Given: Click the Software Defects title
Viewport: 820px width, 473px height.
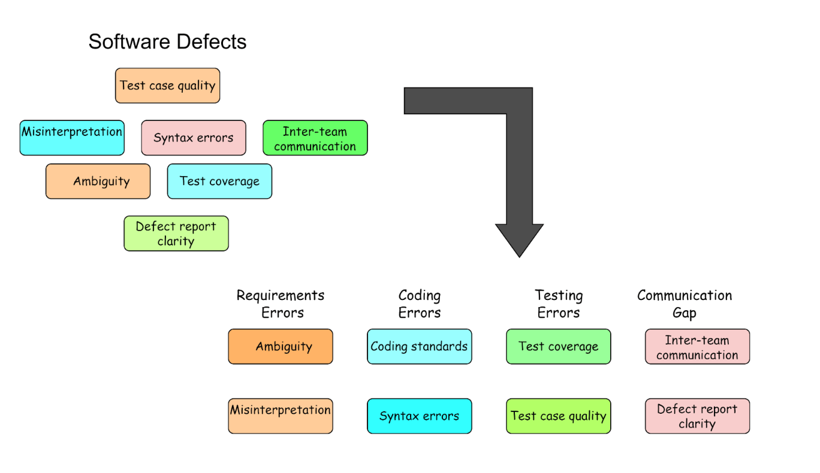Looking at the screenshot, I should [x=167, y=42].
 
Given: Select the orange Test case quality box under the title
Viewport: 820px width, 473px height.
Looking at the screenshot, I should [x=167, y=86].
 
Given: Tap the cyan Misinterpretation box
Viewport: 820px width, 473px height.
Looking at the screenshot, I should [x=72, y=138].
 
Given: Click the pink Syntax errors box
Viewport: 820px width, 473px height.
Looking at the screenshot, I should [x=194, y=138].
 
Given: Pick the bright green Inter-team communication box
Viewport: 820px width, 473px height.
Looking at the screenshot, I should [x=315, y=138].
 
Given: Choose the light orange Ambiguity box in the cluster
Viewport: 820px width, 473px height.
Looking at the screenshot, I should [x=98, y=181].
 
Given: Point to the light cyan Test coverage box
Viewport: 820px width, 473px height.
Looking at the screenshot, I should [x=219, y=181].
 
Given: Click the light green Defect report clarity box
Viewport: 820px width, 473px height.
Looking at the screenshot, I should [x=176, y=234].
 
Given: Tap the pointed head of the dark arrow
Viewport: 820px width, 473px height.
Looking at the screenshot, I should [x=519, y=239].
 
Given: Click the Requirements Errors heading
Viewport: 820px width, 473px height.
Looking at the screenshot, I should [x=281, y=304].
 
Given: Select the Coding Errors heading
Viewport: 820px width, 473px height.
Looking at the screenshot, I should [x=420, y=304].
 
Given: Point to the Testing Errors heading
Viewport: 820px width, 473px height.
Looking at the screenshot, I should [x=559, y=304].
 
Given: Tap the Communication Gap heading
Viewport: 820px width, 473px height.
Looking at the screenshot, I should [x=685, y=304].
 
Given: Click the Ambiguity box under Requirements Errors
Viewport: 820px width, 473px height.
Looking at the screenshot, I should [x=281, y=347].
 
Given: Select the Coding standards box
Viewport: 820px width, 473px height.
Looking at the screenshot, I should [x=420, y=347].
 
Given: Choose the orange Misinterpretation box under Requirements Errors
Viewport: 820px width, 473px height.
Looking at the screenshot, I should [x=281, y=416].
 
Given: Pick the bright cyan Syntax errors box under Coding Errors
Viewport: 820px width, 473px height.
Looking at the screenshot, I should [x=420, y=416].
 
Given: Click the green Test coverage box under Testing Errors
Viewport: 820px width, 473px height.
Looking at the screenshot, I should [x=559, y=347].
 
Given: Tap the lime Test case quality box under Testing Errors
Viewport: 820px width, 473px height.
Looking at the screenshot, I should [x=559, y=416].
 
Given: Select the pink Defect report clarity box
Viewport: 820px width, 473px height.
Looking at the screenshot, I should [x=697, y=416].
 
